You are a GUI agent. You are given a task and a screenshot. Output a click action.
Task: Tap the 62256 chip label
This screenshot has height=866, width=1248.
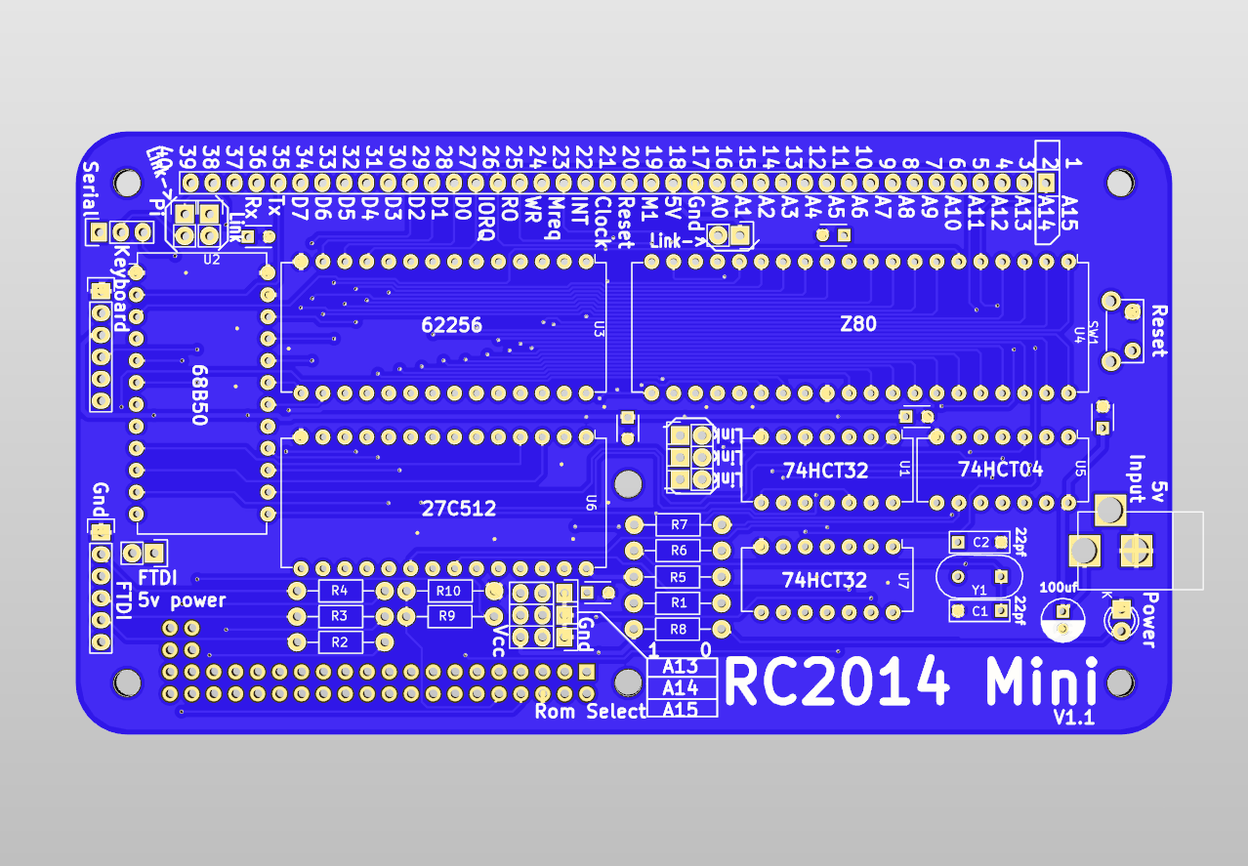tap(452, 325)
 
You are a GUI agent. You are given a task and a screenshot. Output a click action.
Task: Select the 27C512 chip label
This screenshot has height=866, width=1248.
tap(458, 509)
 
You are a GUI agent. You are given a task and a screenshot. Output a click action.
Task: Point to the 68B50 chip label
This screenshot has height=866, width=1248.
tap(199, 394)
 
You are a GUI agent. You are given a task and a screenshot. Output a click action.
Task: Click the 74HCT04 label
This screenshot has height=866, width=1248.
tap(1000, 470)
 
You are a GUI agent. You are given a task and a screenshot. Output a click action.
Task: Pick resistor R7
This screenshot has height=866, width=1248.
tap(679, 525)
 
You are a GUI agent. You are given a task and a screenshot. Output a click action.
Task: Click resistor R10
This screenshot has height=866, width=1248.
tap(448, 591)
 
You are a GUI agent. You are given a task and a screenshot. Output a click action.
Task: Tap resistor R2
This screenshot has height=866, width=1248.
tap(339, 641)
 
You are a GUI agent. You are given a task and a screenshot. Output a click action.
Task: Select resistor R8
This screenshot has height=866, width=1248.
tap(679, 629)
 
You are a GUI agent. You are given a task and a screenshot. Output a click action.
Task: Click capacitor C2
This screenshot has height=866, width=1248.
tap(980, 542)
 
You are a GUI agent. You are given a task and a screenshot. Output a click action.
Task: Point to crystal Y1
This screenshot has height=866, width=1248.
tap(979, 578)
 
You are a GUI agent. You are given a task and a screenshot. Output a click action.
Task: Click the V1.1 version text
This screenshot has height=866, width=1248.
tap(1073, 718)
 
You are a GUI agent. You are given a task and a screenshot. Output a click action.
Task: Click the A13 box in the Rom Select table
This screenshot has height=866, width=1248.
tap(681, 667)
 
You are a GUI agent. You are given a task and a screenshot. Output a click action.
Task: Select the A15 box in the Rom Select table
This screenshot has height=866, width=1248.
tap(681, 710)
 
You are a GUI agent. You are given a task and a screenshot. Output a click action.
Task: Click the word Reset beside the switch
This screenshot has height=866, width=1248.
tap(1159, 331)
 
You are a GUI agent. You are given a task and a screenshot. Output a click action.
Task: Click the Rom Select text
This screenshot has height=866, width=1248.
tap(590, 712)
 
